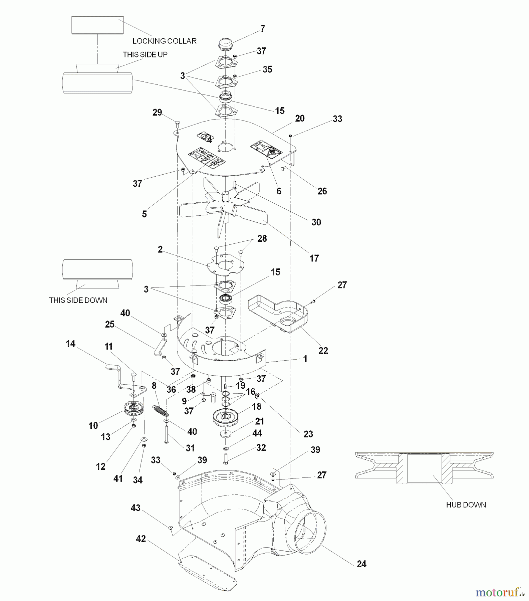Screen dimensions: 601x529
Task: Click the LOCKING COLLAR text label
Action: click(x=164, y=41)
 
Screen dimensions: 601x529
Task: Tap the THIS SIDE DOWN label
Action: click(x=78, y=300)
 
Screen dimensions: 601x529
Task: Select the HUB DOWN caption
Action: click(x=466, y=505)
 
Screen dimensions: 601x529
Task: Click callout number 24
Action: click(x=361, y=564)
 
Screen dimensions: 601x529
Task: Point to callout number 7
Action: click(x=263, y=29)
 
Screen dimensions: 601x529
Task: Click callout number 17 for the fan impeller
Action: click(x=314, y=258)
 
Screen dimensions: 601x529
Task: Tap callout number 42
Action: click(x=141, y=539)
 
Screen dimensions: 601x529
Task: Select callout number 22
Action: click(x=323, y=351)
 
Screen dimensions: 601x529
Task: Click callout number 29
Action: click(x=157, y=113)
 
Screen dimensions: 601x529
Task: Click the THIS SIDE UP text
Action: click(x=145, y=55)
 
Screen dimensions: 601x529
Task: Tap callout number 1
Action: click(x=305, y=359)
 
